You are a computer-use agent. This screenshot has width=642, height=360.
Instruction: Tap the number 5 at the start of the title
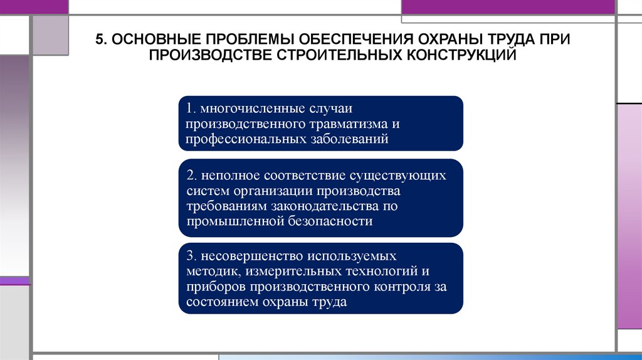(x=98, y=40)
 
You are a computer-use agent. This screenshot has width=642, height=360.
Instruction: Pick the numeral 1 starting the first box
(x=189, y=109)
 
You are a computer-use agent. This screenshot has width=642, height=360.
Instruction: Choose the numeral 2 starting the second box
(x=189, y=175)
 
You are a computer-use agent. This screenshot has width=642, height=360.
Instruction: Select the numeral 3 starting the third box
(x=189, y=257)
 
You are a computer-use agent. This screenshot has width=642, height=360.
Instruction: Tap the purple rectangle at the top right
(x=508, y=7)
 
